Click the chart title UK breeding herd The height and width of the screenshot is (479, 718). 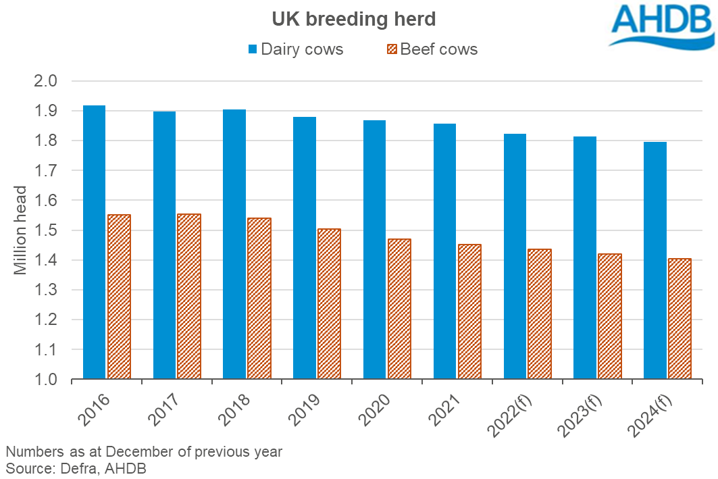[x=354, y=19]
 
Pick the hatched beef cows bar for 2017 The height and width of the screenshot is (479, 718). [x=189, y=297]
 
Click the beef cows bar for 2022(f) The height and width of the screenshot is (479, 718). [x=540, y=314]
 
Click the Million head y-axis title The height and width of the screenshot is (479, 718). [x=21, y=230]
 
